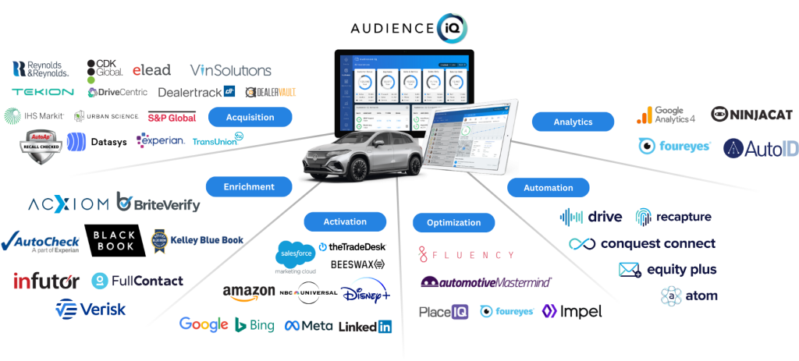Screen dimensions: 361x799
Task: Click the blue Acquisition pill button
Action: point(250,118)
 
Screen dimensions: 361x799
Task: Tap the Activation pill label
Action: point(344,221)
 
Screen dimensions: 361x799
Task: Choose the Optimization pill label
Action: point(453,223)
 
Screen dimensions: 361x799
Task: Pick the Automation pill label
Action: point(548,188)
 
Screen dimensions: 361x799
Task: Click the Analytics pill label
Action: point(572,122)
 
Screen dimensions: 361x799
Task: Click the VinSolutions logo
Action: point(231,70)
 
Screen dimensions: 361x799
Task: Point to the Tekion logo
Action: point(43,92)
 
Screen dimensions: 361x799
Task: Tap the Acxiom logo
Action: point(68,205)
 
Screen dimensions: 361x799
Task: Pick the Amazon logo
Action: point(248,292)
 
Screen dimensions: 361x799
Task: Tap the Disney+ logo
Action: point(364,292)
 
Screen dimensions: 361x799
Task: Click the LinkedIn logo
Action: point(365,327)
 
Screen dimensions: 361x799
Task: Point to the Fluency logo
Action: point(467,255)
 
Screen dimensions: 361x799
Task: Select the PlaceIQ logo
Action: point(444,311)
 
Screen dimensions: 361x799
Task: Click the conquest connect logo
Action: point(641,244)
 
